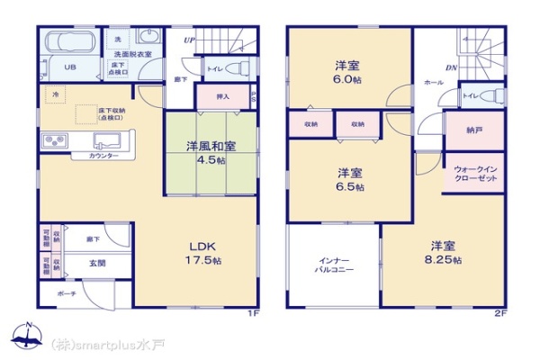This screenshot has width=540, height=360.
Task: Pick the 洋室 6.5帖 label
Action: pos(351,179)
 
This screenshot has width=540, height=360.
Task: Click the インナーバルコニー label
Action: pos(333,265)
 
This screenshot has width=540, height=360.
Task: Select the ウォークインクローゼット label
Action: pos(474,174)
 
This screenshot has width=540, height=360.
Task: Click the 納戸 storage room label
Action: pos(473,130)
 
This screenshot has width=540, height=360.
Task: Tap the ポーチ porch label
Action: pos(67,294)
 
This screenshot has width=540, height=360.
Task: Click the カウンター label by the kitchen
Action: pos(103,157)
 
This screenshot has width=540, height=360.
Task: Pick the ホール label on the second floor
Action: pos(434,82)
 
